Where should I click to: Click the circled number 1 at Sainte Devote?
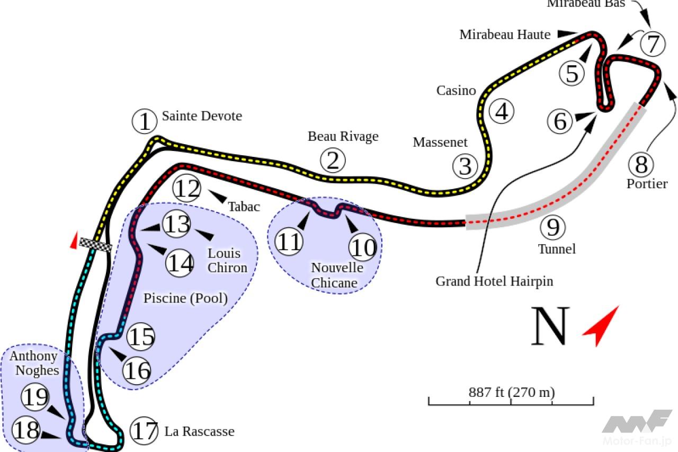point(144,122)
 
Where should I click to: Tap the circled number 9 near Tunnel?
point(553,227)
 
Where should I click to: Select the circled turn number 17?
point(145,431)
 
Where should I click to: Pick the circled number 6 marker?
point(560,122)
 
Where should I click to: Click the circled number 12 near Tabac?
point(188,189)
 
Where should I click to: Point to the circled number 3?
point(465,166)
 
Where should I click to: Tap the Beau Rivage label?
point(343,136)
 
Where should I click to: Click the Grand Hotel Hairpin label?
point(494,281)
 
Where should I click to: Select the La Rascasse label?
point(199,431)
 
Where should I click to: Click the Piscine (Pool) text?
point(185,298)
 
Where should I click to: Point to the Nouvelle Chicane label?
point(337,275)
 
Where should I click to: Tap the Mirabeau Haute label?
point(505,34)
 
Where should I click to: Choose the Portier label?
point(647,184)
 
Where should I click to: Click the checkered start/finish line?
point(96,244)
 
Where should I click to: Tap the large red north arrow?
point(601,325)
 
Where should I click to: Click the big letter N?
point(550,325)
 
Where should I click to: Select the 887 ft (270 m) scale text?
point(511,393)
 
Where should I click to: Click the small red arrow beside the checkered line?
point(74,240)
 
